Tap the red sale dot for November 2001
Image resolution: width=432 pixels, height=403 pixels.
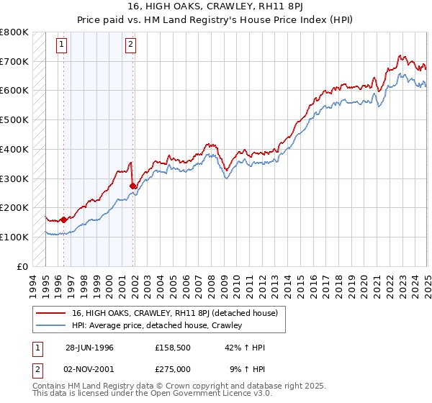point(132,186)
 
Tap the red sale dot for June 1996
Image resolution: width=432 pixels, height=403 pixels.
point(63,219)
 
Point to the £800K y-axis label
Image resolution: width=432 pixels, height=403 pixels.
point(14,32)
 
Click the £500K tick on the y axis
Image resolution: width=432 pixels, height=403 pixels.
point(14,120)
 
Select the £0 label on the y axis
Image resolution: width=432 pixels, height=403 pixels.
point(23,266)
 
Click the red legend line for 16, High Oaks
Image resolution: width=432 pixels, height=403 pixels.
point(51,313)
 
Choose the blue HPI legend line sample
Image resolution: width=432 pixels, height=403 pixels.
point(51,326)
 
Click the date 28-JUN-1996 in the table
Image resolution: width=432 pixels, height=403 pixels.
point(89,348)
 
